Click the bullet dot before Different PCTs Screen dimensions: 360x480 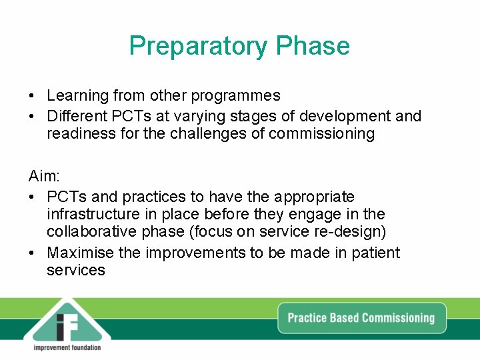tap(33, 116)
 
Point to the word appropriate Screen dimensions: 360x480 tap(311, 197)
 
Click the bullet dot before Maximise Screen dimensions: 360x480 tap(33, 253)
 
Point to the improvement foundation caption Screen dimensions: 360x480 tap(67, 347)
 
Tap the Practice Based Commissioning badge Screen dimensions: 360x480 tap(361, 317)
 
